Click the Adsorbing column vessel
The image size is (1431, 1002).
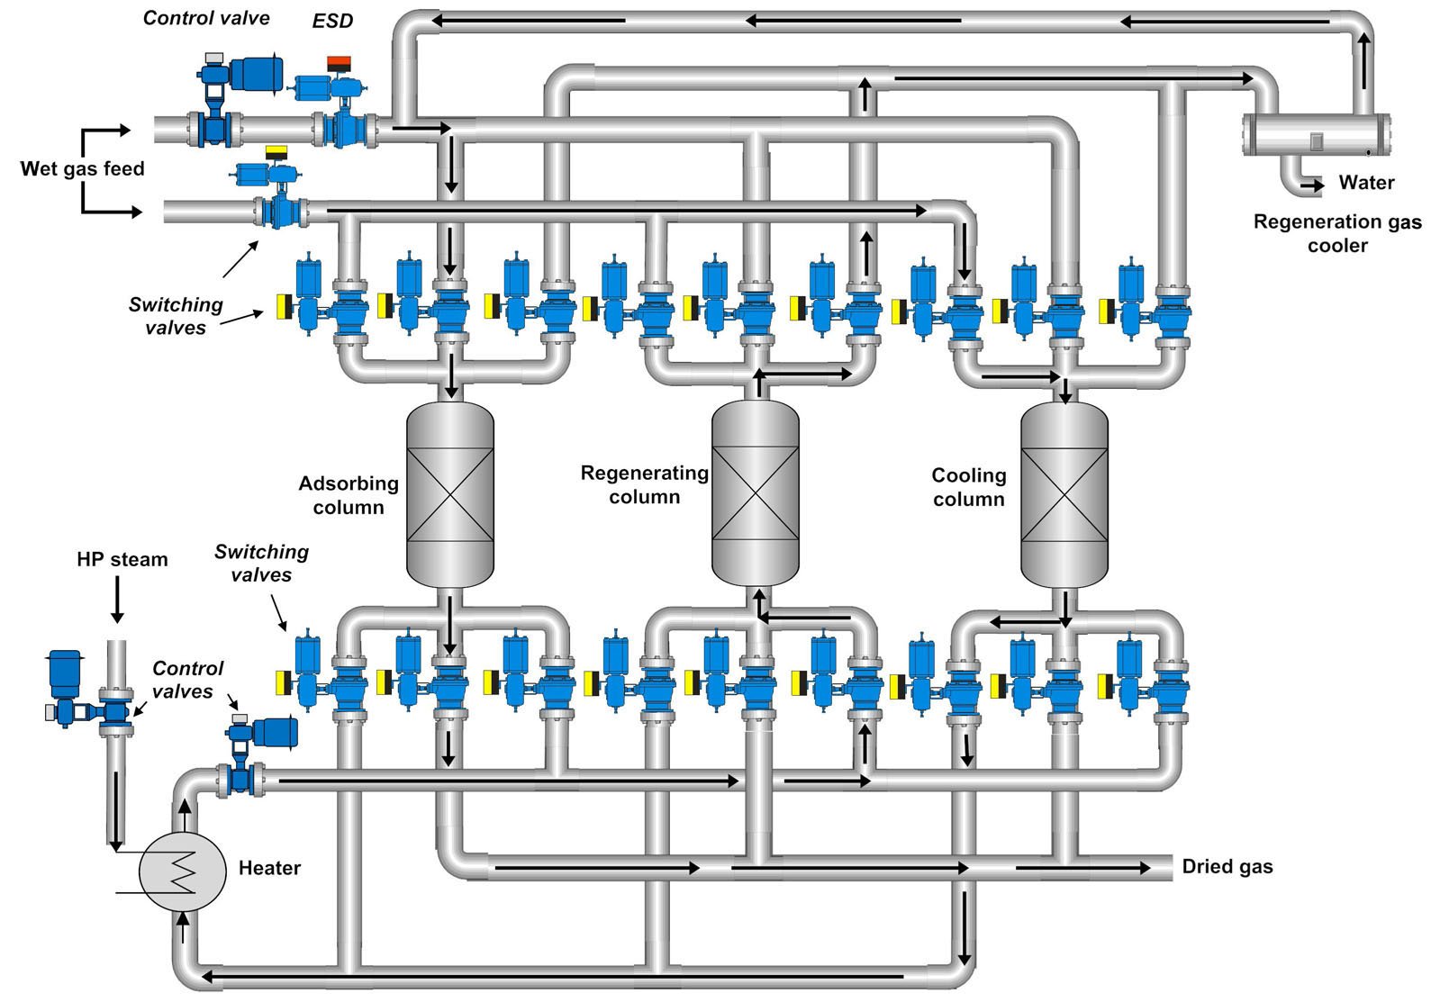[450, 495]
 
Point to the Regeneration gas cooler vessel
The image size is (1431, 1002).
[1316, 135]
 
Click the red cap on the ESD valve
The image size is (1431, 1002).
[339, 63]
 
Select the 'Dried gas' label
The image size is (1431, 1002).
[1227, 867]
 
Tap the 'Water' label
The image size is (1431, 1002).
[1365, 183]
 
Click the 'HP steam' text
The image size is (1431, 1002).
[122, 560]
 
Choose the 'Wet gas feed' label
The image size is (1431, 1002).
[82, 168]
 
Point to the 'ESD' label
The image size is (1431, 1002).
[332, 21]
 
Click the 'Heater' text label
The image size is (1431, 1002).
[269, 869]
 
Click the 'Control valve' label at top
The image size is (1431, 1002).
[206, 18]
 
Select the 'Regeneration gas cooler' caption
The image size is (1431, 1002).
[1337, 233]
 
